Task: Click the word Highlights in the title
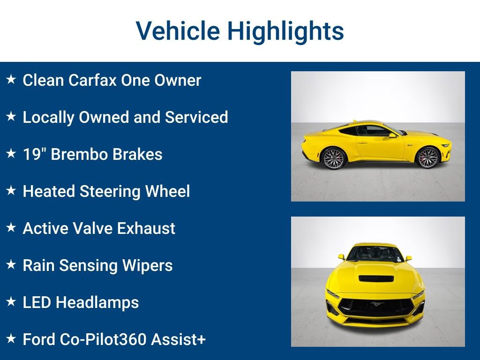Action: [x=285, y=31]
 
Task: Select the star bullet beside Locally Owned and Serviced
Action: [x=11, y=117]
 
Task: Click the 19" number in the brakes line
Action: [x=34, y=154]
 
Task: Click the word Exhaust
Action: [x=146, y=228]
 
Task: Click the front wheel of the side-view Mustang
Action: [x=427, y=157]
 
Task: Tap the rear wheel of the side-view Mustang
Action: [x=334, y=158]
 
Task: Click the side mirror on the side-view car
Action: [x=392, y=135]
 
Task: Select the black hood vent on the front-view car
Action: [x=375, y=278]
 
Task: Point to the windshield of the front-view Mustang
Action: [x=375, y=254]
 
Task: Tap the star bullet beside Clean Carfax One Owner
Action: [x=11, y=80]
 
